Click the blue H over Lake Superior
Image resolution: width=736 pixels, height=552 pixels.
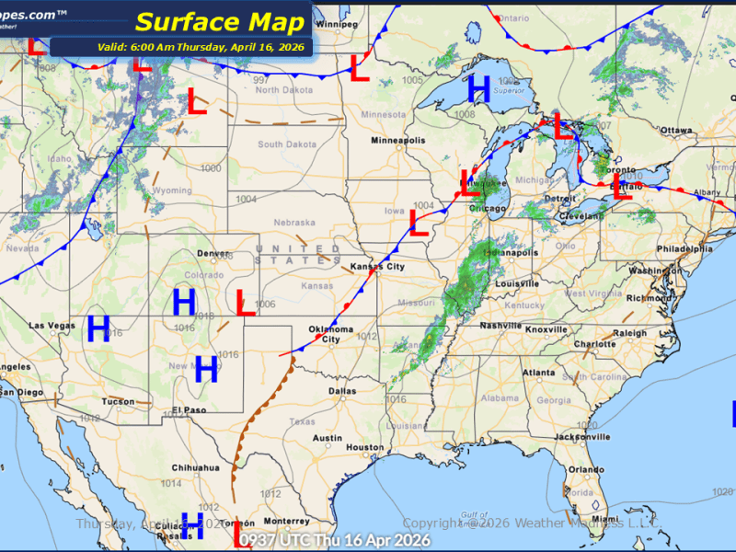478,88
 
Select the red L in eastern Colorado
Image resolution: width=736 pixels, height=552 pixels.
245,303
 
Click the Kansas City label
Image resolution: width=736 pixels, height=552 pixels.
377,267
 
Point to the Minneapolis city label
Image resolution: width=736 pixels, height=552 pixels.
398,141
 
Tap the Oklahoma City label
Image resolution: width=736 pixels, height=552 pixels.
330,333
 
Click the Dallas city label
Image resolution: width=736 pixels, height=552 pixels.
341,391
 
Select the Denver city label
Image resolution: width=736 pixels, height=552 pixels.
213,253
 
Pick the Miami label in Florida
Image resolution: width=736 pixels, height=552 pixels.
606,519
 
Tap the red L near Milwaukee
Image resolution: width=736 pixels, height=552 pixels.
470,185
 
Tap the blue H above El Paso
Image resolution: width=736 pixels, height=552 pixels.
206,370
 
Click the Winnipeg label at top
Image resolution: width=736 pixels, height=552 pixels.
337,24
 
